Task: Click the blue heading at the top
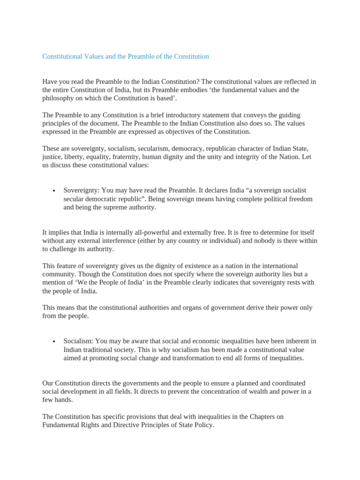point(126,56)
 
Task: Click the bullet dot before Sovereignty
point(54,191)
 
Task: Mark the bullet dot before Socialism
point(54,342)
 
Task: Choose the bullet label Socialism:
point(79,341)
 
